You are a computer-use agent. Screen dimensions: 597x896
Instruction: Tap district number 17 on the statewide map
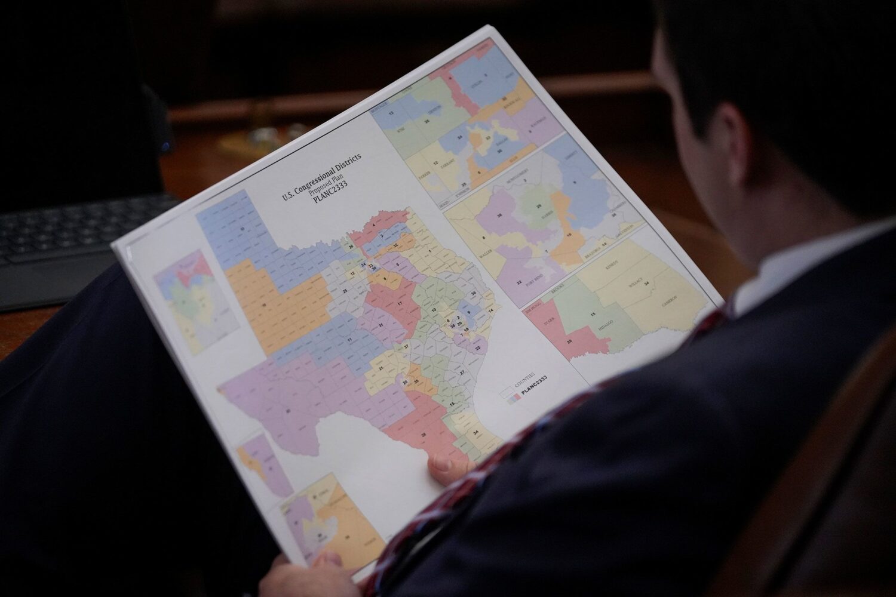click(x=400, y=303)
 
